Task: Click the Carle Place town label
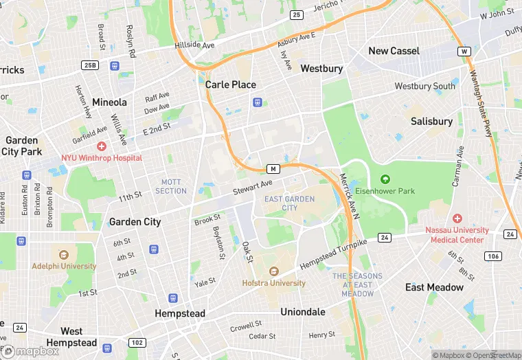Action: click(230, 85)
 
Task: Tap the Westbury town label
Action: click(321, 69)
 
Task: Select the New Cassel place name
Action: click(394, 51)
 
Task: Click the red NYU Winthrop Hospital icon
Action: click(102, 146)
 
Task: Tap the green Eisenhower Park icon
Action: click(385, 180)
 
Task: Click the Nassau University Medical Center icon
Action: click(457, 218)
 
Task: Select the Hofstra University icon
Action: click(273, 271)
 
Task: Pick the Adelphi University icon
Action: click(64, 255)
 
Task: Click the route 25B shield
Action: click(89, 65)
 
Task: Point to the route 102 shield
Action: click(137, 343)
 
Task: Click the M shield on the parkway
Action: click(273, 169)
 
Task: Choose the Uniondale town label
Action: click(303, 312)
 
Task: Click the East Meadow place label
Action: click(434, 287)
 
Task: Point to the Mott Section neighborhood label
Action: click(171, 186)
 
